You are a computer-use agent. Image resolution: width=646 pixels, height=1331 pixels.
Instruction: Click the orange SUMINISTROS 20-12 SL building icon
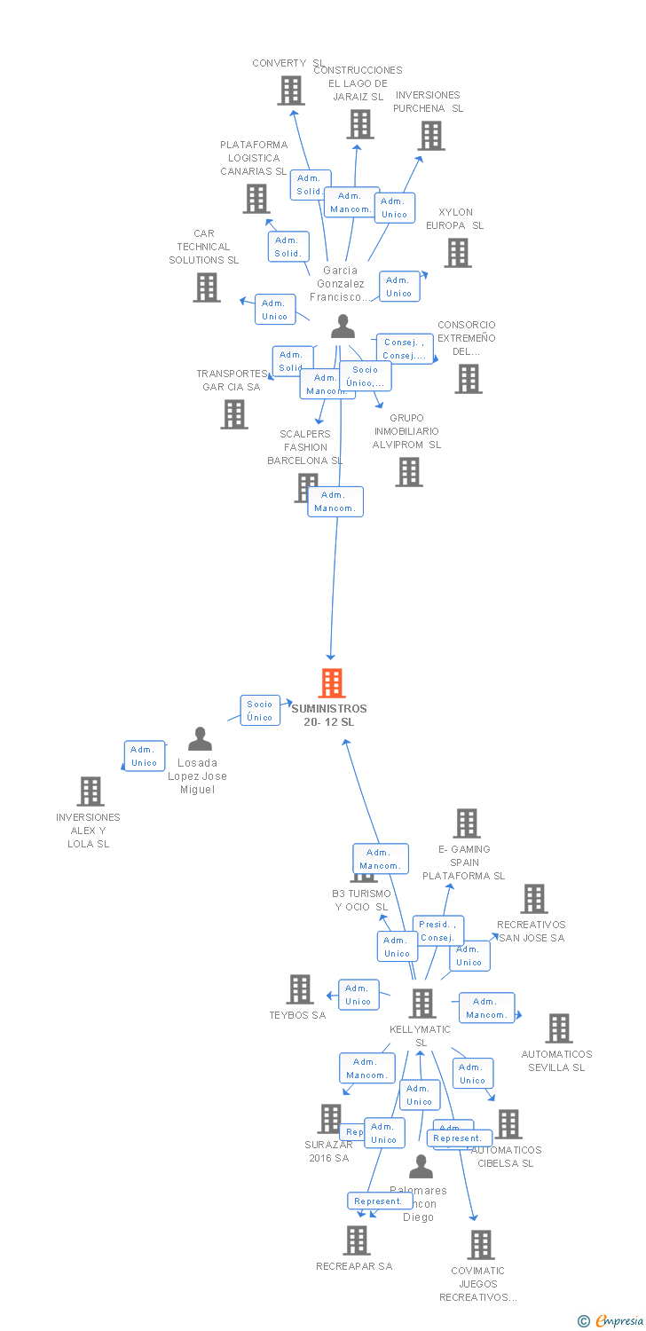(332, 683)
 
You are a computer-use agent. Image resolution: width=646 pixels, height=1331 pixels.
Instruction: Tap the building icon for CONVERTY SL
(291, 91)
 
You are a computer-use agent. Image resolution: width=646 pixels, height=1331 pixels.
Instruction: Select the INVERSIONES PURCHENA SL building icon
(431, 136)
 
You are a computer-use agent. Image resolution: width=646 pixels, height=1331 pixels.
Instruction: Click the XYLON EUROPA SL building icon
(458, 253)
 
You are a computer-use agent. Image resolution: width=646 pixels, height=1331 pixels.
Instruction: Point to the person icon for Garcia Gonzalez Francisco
(343, 327)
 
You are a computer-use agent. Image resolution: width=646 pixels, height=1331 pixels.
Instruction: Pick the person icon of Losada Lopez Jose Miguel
(201, 739)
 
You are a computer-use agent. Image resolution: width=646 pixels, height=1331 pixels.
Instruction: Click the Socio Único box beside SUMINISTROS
(260, 711)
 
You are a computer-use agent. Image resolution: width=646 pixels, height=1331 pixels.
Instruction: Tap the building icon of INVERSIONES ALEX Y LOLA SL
(90, 792)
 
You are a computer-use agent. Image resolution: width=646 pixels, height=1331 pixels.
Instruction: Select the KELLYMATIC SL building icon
(422, 1004)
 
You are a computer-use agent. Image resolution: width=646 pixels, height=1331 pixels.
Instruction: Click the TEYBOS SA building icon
(301, 989)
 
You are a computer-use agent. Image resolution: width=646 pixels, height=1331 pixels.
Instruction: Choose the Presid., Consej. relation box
(438, 930)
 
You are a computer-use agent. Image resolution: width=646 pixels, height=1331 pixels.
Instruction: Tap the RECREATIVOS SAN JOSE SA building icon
(534, 899)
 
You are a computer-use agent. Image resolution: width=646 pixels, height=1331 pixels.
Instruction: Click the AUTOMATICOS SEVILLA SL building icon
(559, 1028)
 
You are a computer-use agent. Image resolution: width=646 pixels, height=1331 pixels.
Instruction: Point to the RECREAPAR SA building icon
(356, 1240)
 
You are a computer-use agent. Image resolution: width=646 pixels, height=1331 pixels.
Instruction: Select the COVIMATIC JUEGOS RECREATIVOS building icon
(481, 1245)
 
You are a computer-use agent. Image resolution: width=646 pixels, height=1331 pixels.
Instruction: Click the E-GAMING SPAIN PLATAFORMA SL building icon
(467, 823)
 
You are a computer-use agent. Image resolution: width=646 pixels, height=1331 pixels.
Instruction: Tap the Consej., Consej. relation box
(405, 349)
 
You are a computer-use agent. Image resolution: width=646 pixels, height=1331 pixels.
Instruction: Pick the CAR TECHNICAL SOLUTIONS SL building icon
(207, 287)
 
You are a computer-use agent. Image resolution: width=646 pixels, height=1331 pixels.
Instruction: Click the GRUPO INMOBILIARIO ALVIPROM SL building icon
(409, 472)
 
